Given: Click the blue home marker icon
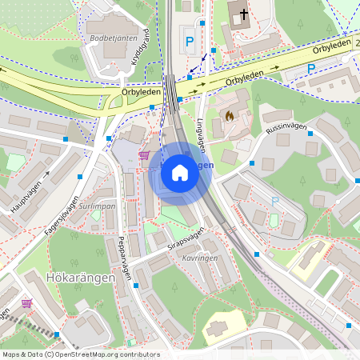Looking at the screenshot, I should (x=179, y=173).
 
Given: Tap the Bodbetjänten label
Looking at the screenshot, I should (x=109, y=38).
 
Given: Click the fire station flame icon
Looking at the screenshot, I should (x=229, y=117).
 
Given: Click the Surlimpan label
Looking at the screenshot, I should (x=98, y=206).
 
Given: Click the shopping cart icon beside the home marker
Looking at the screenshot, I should (x=144, y=155).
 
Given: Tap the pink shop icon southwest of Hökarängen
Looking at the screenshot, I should (x=26, y=303).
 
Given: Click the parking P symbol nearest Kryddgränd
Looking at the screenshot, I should (x=190, y=40).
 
